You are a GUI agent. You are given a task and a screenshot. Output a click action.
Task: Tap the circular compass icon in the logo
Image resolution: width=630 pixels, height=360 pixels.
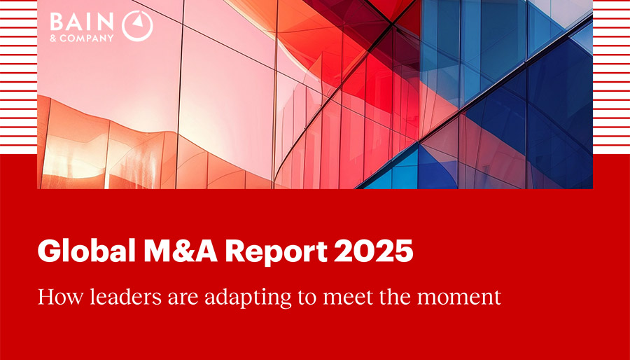pos(137,26)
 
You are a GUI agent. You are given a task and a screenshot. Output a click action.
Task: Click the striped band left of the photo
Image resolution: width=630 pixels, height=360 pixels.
pos(18,77)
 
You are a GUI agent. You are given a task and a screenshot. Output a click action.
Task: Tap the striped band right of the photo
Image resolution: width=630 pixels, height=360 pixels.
pos(611,77)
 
